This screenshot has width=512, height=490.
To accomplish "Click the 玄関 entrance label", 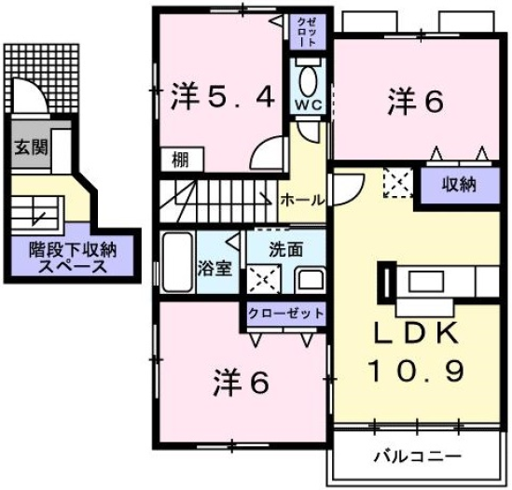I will click(31, 147).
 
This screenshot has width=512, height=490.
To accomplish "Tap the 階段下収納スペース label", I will click(65, 257).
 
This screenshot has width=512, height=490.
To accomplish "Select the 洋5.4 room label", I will click(223, 97).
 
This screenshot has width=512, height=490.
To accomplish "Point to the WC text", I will click(309, 104).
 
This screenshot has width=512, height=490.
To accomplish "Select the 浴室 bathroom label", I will click(214, 268).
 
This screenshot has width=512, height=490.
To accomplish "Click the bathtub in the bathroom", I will click(177, 263).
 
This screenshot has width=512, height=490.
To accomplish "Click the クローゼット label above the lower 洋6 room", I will click(286, 313).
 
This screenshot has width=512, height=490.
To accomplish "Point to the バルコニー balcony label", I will click(419, 457).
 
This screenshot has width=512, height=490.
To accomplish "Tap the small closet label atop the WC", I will click(309, 32).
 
